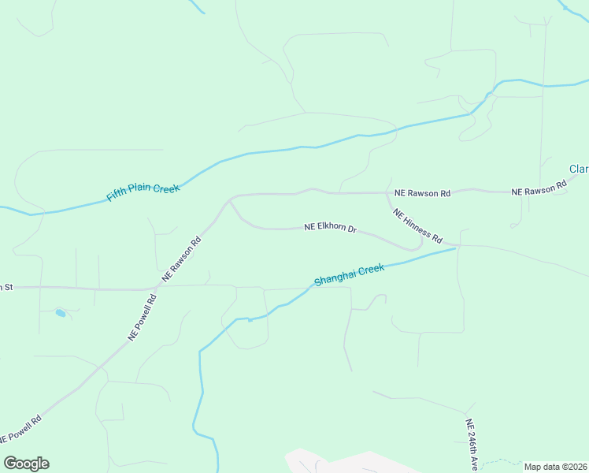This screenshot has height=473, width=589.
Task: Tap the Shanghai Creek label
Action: point(349,275)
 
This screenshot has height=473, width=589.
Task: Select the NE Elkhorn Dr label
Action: point(331,229)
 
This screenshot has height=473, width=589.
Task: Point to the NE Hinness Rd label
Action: point(417,226)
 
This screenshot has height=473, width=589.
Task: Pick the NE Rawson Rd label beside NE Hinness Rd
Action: point(422,193)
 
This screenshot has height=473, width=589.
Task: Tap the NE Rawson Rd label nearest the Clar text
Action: point(539,189)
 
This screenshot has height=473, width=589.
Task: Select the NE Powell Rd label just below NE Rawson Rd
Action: point(143,318)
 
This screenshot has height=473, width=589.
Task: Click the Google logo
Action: point(26,464)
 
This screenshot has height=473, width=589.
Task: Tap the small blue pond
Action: point(61,314)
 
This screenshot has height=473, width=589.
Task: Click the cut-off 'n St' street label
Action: point(6,287)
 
